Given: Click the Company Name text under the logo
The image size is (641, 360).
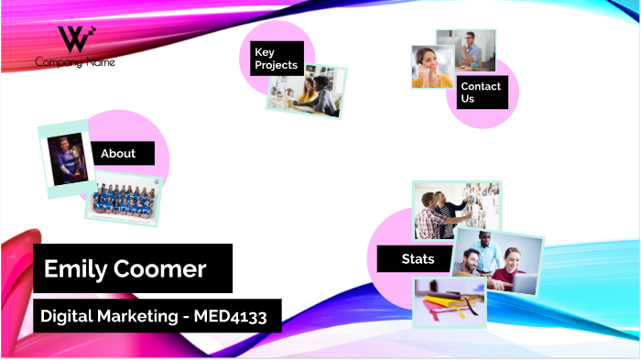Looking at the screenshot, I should [75, 62].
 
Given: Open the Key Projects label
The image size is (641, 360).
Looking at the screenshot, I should [276, 59].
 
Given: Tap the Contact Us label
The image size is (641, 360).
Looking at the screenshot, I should [481, 92].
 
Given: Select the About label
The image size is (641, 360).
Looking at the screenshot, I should [118, 153].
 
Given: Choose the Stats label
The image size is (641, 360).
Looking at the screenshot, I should [418, 259].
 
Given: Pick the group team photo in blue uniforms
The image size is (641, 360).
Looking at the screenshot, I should [123, 200].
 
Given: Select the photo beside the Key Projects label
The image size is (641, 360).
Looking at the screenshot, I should [309, 92].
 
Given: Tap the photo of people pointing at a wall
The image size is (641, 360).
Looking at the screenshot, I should [455, 208].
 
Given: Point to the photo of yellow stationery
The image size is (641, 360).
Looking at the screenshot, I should [449, 302].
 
